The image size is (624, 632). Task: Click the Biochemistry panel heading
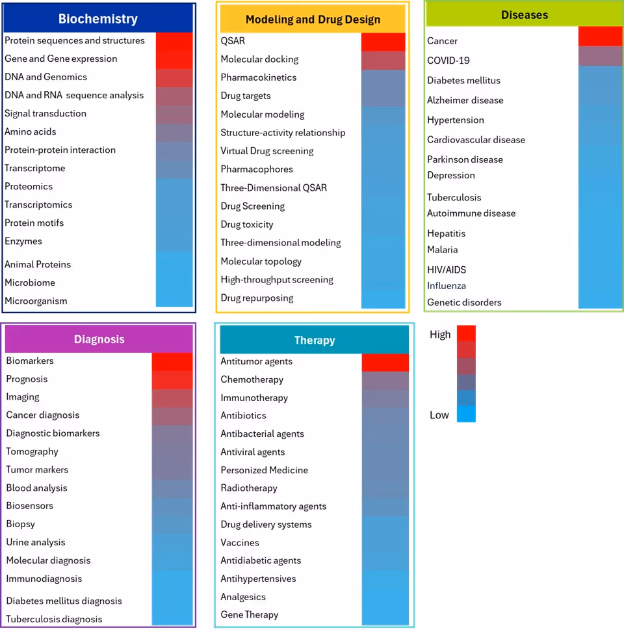click(x=98, y=19)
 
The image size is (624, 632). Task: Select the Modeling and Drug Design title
click(x=313, y=20)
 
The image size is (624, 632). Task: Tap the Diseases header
click(x=525, y=14)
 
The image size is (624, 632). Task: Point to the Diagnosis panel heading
click(x=99, y=339)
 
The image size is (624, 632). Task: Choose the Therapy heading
click(x=315, y=340)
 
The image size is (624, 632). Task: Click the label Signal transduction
click(x=45, y=113)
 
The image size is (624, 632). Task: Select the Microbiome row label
click(x=30, y=282)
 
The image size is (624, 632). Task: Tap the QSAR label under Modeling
click(x=233, y=40)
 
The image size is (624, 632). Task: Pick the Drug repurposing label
click(x=257, y=298)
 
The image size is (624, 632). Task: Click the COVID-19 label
click(x=448, y=61)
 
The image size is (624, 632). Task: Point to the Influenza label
click(x=447, y=286)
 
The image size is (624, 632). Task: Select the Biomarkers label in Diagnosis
click(x=30, y=361)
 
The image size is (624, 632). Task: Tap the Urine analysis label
click(x=36, y=542)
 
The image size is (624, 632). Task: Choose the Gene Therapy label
click(x=250, y=614)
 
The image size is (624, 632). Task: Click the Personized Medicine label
click(x=265, y=470)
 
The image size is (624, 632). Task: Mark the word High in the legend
click(x=440, y=335)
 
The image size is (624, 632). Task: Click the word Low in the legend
click(x=439, y=415)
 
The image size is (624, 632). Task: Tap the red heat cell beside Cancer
click(x=600, y=36)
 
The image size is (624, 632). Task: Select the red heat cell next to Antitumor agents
click(x=385, y=363)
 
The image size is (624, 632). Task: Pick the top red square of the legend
click(x=466, y=333)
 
